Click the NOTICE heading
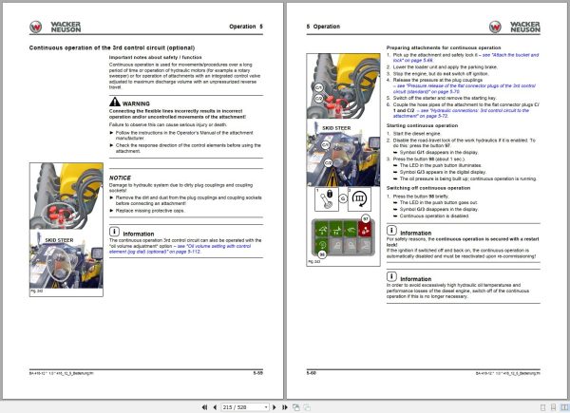pos(121,178)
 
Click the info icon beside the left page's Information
pos(115,231)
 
